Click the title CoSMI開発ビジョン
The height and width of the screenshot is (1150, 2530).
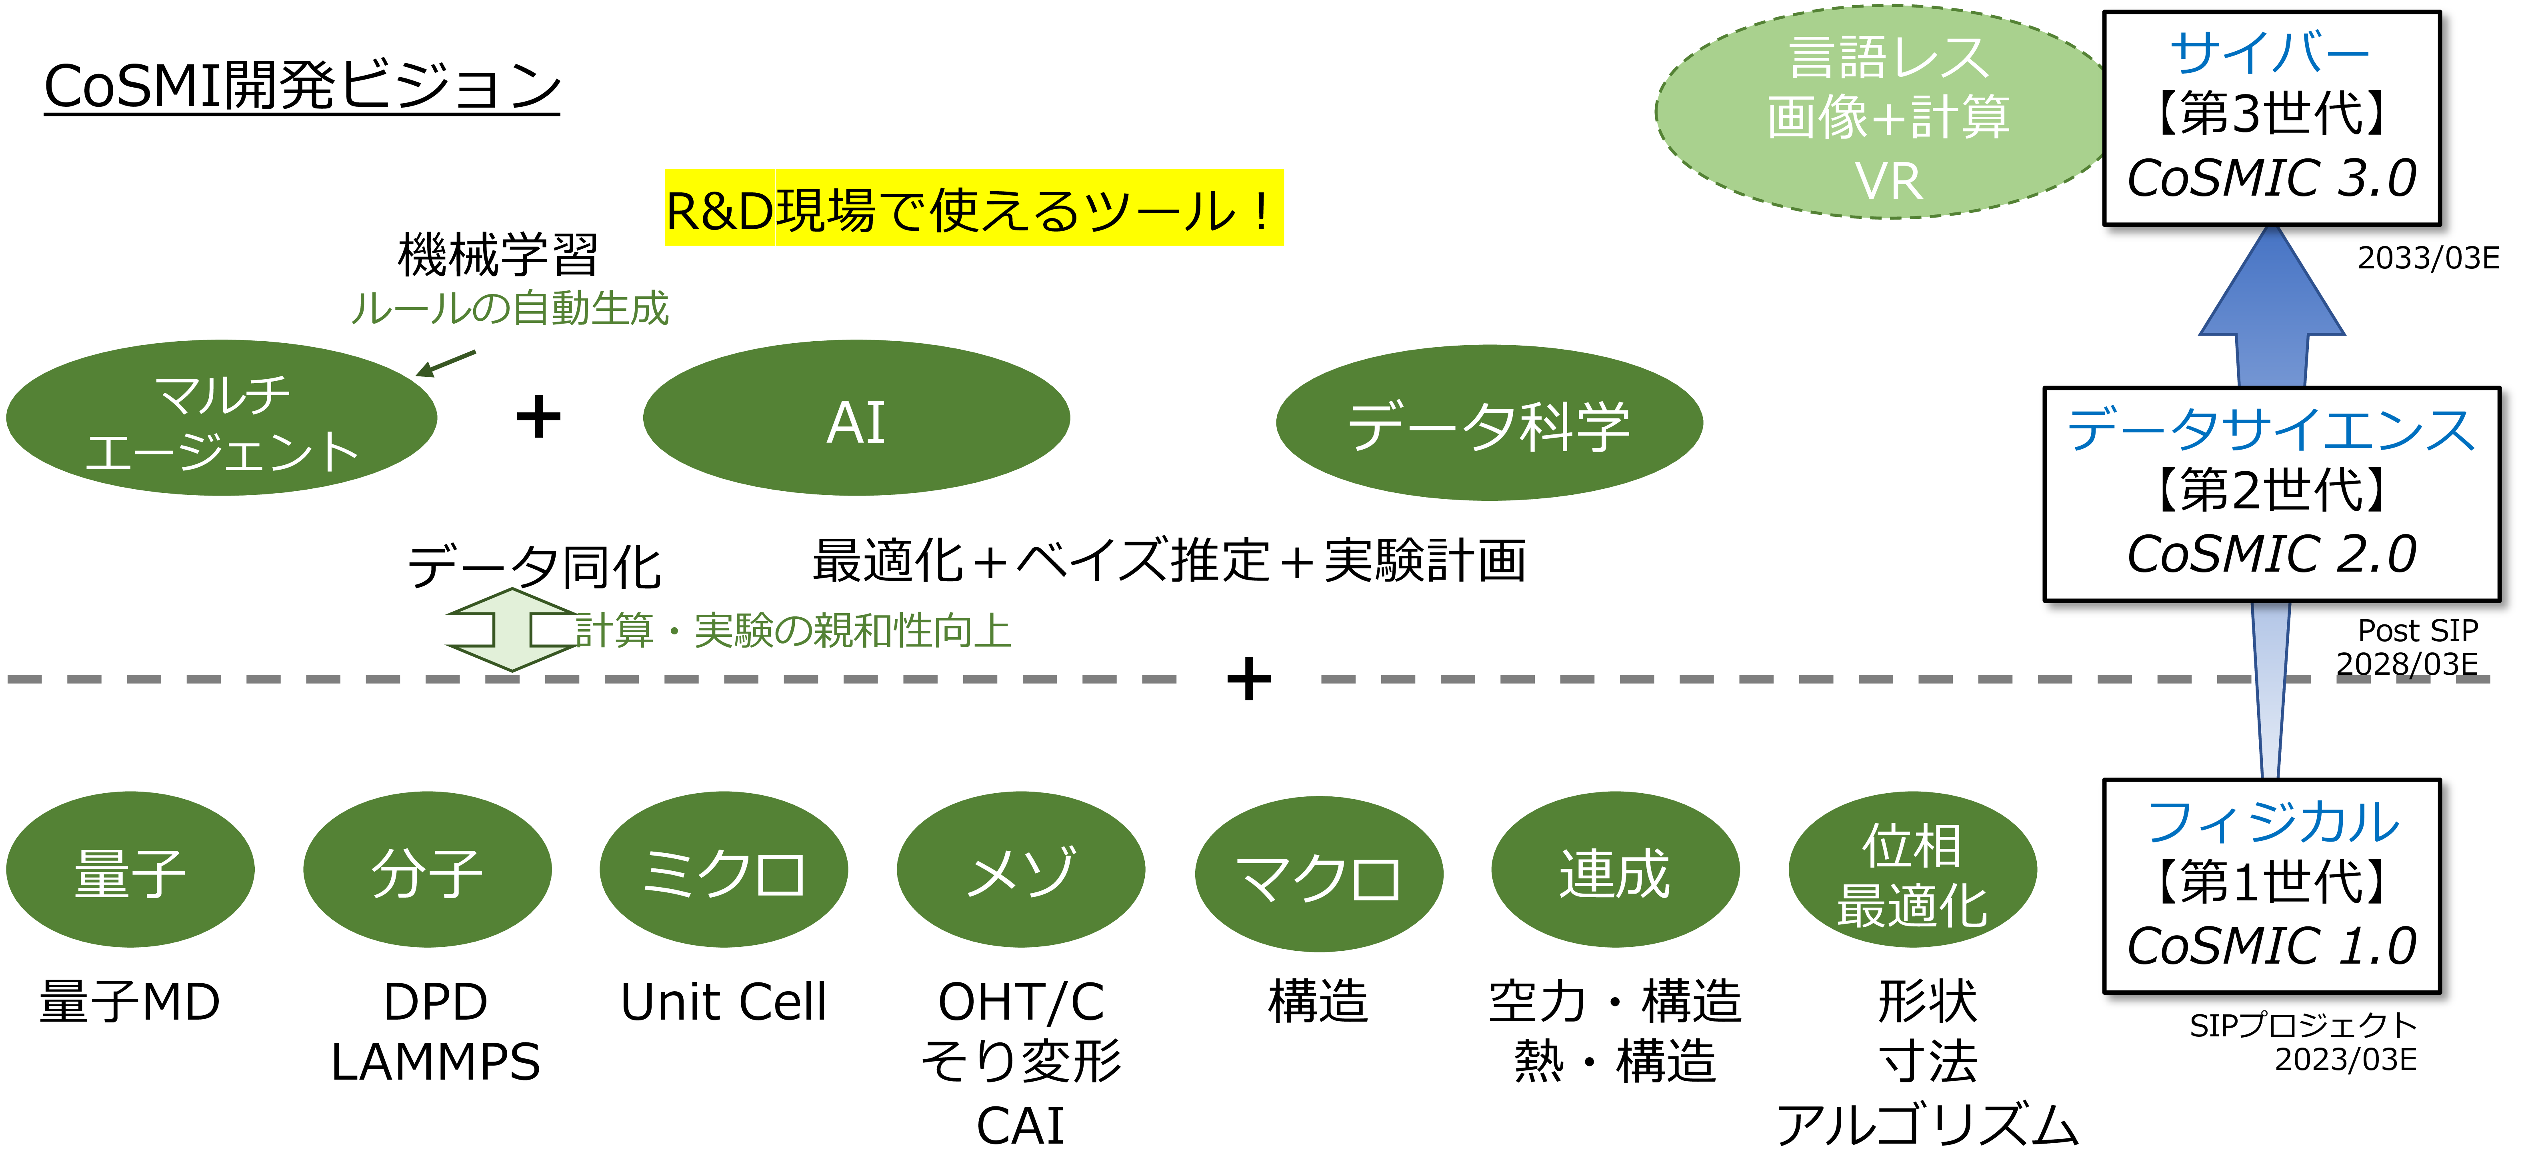pyautogui.click(x=302, y=86)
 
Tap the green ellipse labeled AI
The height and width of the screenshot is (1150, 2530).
pyautogui.click(x=856, y=418)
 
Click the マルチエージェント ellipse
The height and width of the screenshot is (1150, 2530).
pyautogui.click(x=222, y=418)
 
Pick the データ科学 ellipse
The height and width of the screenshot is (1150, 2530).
pyautogui.click(x=1489, y=422)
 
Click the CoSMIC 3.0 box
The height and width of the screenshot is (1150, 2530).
pyautogui.click(x=2272, y=118)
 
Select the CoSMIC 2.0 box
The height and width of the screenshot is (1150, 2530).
pyautogui.click(x=2272, y=494)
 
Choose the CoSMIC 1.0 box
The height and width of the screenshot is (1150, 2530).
pyautogui.click(x=2272, y=886)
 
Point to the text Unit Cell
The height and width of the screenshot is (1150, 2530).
pyautogui.click(x=724, y=1002)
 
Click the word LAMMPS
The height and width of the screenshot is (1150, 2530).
pyautogui.click(x=435, y=1062)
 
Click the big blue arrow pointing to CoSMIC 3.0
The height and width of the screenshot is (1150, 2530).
pyautogui.click(x=2272, y=306)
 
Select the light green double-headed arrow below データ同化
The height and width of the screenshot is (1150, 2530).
pyautogui.click(x=513, y=630)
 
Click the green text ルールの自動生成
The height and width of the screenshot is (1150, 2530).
pyautogui.click(x=510, y=308)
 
